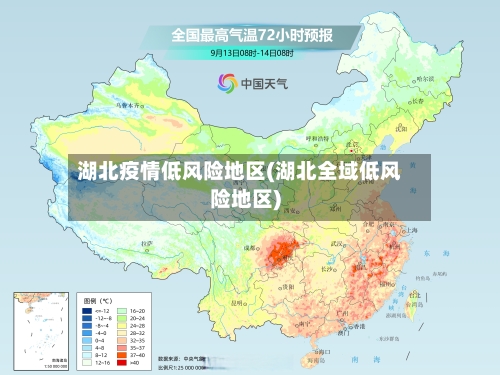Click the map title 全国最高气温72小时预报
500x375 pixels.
pos(251,34)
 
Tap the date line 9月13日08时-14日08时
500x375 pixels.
pos(252,52)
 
